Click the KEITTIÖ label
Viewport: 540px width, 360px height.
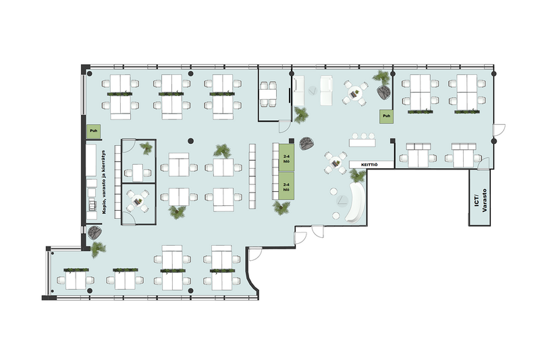coord(369,165)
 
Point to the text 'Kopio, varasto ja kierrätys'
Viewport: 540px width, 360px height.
coord(105,182)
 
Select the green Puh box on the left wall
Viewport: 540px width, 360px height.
coord(93,131)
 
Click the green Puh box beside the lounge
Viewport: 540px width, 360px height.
coord(386,116)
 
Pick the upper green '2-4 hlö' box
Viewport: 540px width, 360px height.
coord(286,158)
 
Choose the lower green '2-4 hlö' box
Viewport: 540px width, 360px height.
coord(286,186)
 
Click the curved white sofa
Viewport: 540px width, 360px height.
coord(356,202)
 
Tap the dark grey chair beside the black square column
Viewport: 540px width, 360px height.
coord(306,143)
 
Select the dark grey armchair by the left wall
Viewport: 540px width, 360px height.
coord(94,232)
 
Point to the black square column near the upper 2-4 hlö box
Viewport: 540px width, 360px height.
coord(292,140)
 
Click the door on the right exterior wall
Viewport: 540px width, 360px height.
coord(499,130)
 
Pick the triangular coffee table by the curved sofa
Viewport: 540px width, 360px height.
coord(342,200)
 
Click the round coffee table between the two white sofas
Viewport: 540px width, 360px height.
coord(313,91)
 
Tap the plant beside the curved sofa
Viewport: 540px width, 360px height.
coord(357,176)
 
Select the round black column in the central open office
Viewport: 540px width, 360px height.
coord(190,140)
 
